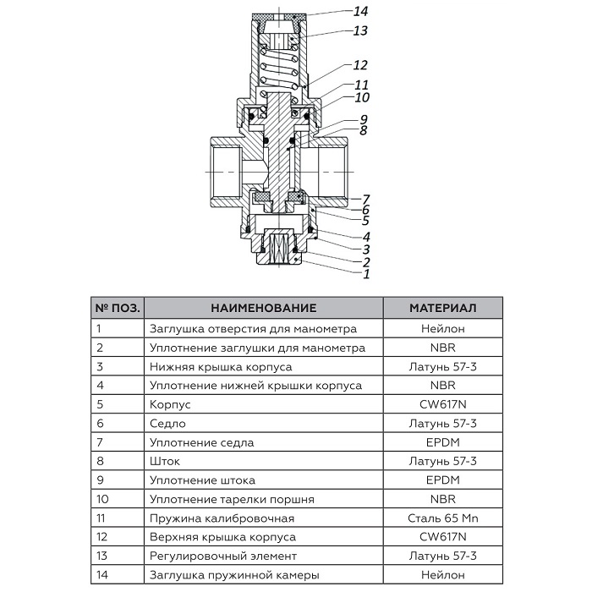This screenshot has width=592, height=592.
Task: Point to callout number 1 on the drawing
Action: coord(366,274)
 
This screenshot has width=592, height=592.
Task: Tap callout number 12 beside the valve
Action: coord(361,65)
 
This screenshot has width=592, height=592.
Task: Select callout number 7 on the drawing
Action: coord(366,198)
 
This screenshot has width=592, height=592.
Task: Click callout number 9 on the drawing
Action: coord(363,118)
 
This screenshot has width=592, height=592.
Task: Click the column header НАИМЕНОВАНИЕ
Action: coord(263,308)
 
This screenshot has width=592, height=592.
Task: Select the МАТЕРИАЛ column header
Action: coord(443,308)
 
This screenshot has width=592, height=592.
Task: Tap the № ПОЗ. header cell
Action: coord(118,308)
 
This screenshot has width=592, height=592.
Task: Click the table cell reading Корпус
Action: coord(169,404)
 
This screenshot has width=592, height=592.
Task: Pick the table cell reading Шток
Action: coord(165,461)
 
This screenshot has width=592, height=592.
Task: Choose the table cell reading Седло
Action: coord(167,423)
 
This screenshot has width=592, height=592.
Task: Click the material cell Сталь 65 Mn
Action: coord(443,518)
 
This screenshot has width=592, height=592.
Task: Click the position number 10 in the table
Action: coord(102,499)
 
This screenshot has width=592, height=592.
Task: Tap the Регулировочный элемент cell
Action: coord(222,556)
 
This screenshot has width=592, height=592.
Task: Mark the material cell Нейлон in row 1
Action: coord(443,328)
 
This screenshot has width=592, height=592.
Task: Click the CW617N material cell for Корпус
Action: coord(443,404)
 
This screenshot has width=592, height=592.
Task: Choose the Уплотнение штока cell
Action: coord(200,480)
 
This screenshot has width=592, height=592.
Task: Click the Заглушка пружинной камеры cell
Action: coord(233,575)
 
